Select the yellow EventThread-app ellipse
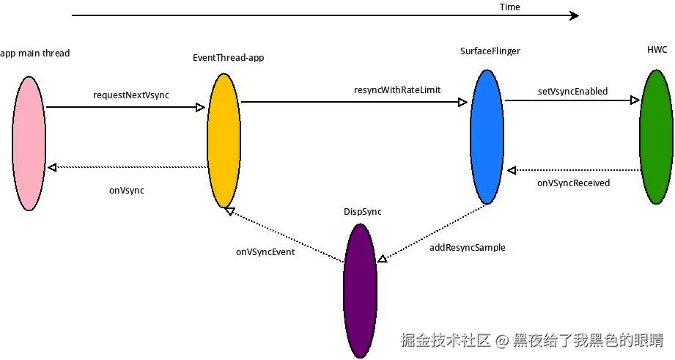224,140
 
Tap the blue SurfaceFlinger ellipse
486,136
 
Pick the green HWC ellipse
655,136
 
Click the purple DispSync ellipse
360,290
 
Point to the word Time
509,7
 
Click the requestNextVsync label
131,95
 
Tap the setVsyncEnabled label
572,92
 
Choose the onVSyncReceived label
573,183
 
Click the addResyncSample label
467,248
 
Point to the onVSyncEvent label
265,252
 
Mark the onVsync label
127,191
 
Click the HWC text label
657,49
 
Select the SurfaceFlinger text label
490,51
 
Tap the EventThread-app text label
228,58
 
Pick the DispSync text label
362,212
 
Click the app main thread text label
35,54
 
